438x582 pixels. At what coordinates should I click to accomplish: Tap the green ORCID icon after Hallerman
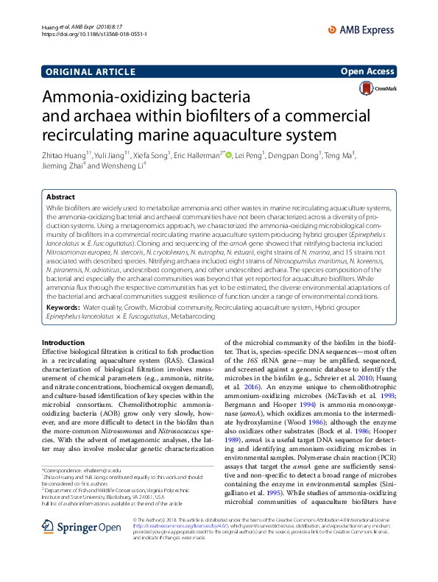click(228, 155)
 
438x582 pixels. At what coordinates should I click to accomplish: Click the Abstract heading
click(60, 197)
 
